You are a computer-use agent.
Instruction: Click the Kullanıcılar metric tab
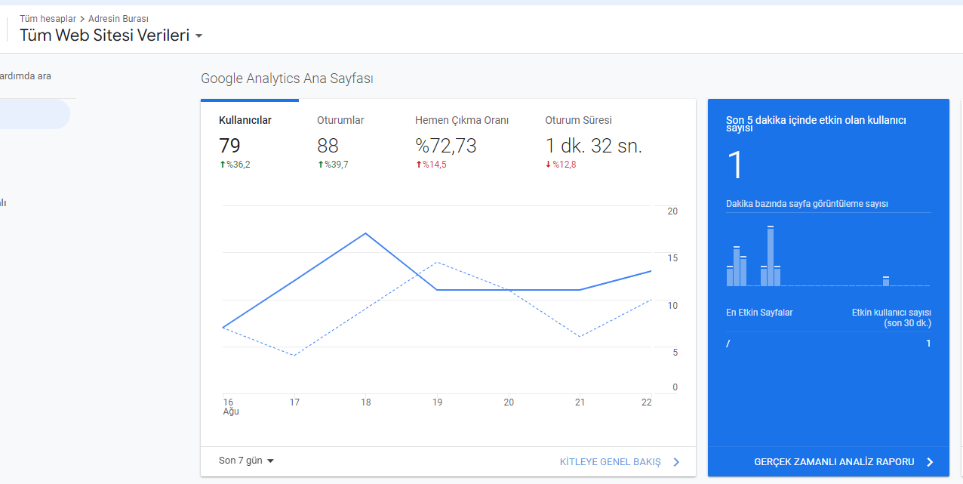click(245, 121)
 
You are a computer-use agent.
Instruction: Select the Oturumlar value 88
click(328, 146)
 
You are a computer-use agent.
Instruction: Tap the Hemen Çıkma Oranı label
click(462, 121)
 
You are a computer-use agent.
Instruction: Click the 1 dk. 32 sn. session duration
click(593, 146)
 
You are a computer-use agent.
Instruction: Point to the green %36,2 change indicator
click(235, 165)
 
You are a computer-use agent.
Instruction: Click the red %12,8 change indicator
click(561, 165)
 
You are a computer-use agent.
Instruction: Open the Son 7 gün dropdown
click(246, 461)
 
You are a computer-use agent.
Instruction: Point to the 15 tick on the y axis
click(672, 258)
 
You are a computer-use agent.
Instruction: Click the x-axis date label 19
click(437, 402)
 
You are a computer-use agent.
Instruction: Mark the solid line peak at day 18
click(366, 233)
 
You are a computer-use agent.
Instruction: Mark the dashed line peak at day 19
click(437, 262)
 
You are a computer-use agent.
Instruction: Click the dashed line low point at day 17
click(294, 356)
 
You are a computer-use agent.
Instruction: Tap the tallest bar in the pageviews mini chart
click(771, 256)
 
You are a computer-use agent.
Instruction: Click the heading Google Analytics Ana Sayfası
click(287, 79)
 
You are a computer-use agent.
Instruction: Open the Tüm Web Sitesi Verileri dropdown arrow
click(198, 35)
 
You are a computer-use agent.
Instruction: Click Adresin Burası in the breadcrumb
click(118, 19)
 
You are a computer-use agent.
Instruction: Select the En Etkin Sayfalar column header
click(759, 313)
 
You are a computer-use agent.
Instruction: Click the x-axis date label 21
click(580, 402)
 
